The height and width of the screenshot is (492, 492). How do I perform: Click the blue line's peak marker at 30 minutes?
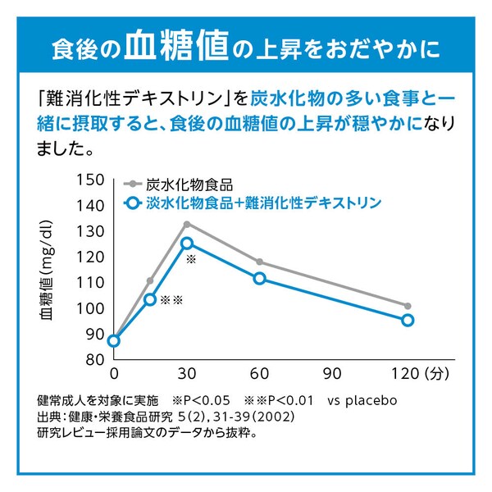tap(187, 243)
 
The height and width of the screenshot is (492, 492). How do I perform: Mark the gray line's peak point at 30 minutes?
tap(187, 224)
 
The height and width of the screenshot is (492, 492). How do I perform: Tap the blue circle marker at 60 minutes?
tap(260, 278)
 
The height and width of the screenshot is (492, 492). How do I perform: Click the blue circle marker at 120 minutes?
tap(407, 320)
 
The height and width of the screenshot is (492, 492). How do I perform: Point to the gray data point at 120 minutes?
tap(407, 305)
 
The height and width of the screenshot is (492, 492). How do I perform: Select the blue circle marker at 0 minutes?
tap(114, 341)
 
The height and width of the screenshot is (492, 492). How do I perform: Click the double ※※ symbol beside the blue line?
tap(171, 301)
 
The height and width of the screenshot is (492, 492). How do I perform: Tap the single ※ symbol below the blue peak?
tap(192, 259)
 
